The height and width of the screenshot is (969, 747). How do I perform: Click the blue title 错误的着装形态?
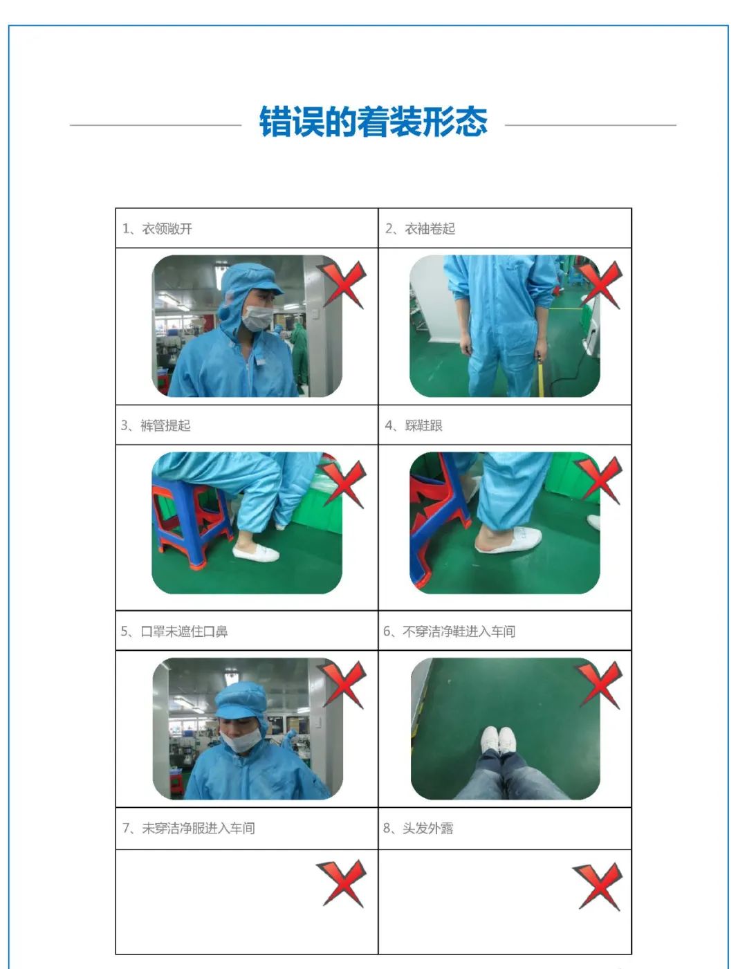click(373, 121)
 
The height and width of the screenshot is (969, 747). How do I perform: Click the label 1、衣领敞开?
click(157, 229)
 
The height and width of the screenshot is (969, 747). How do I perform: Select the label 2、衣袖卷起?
click(420, 229)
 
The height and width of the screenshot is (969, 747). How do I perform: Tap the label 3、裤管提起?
click(156, 425)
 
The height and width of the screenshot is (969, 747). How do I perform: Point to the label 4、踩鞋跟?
click(414, 425)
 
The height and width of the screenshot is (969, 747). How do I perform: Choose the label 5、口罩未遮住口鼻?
click(174, 631)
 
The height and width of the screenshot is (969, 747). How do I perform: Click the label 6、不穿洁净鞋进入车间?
click(449, 631)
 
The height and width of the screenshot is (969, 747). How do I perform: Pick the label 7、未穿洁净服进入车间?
click(188, 828)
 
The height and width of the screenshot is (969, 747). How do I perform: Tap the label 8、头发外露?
click(418, 828)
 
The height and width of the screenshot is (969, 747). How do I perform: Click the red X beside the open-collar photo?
click(342, 284)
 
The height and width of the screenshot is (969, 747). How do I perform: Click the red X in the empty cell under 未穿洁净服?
click(342, 884)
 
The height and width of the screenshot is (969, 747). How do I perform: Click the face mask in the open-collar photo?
click(257, 318)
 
